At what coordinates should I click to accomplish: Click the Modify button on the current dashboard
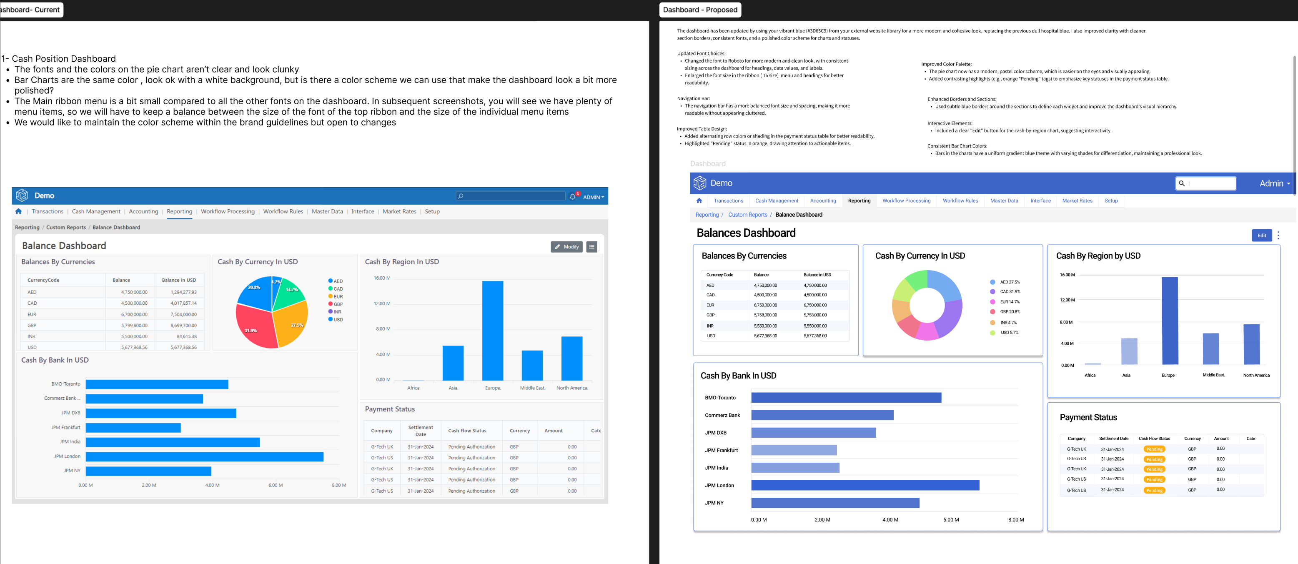566,247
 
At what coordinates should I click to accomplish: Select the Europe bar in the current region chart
492,330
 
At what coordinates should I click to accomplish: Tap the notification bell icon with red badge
573,197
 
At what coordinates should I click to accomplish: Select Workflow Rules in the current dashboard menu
283,212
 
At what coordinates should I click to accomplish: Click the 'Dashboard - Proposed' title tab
700,10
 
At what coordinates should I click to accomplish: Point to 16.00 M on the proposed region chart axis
1067,275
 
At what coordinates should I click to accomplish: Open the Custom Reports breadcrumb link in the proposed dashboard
747,215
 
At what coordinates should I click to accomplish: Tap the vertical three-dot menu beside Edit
1278,236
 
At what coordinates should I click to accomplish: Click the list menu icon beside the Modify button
591,247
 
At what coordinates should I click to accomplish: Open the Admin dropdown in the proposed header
1274,183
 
